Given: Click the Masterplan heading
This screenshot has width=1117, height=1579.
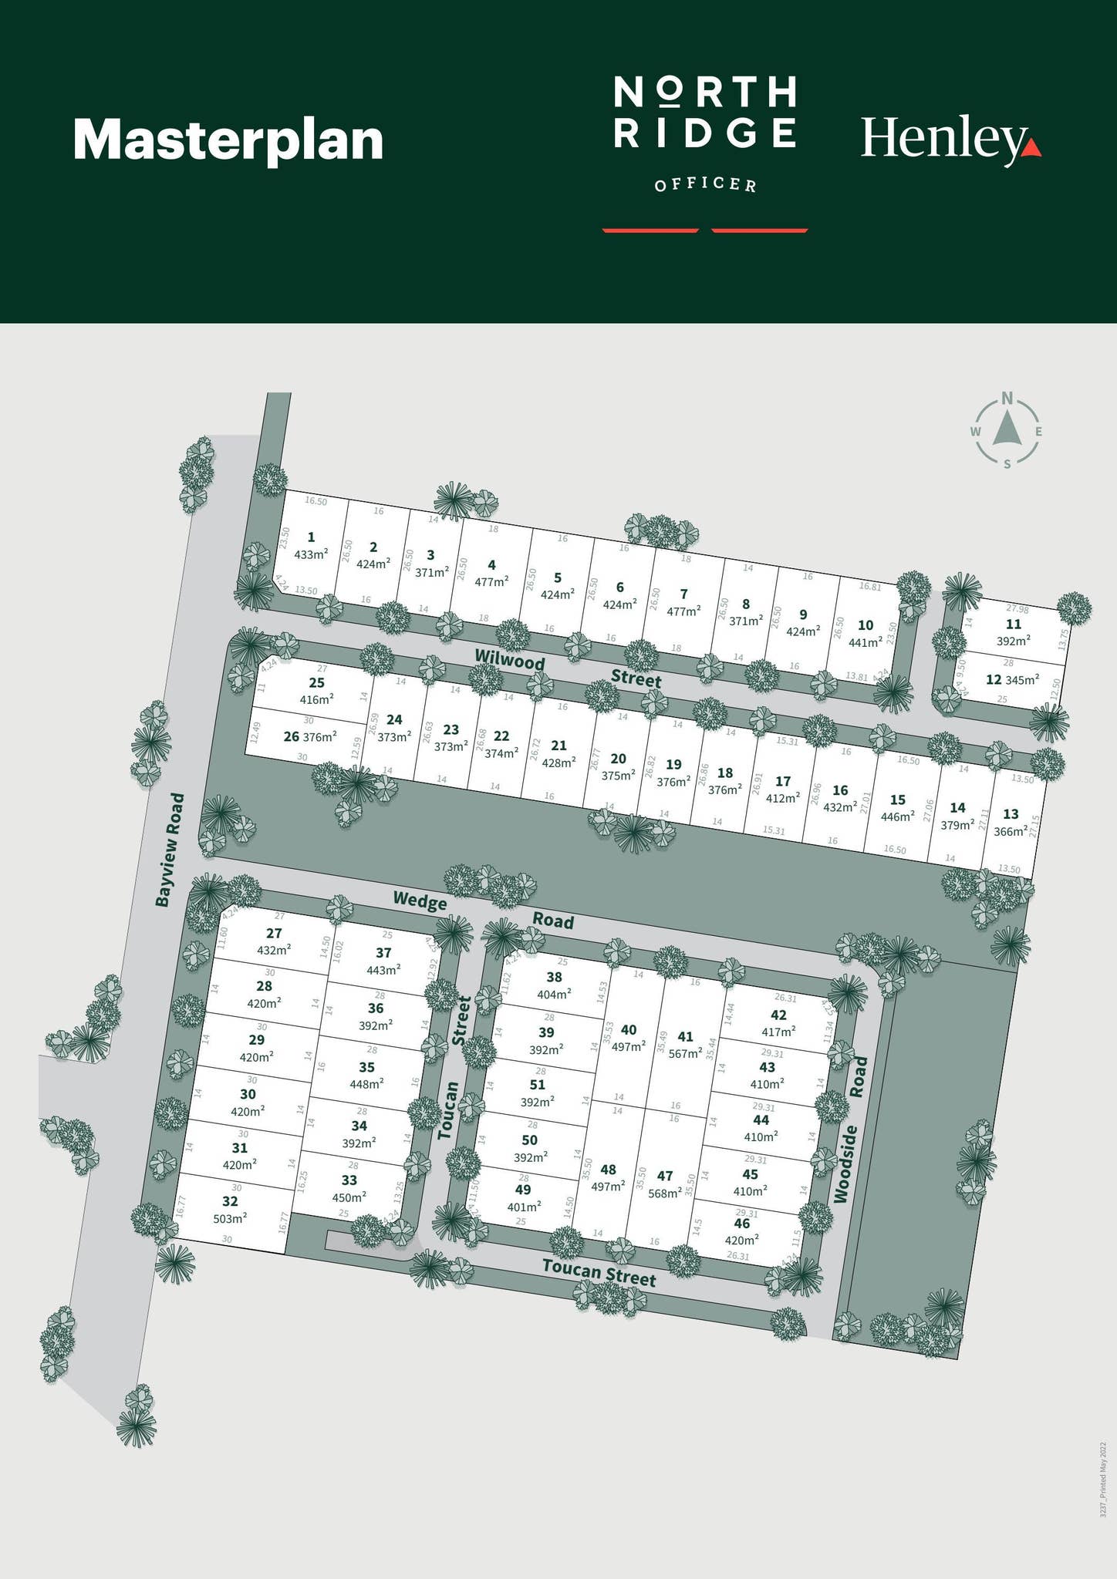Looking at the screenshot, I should (228, 140).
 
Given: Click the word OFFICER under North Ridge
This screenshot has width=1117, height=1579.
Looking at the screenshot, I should (705, 185).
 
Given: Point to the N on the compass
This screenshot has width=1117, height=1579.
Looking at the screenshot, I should (1007, 399).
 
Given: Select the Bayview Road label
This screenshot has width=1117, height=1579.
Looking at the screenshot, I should (170, 849).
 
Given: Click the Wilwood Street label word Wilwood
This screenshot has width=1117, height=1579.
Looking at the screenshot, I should (510, 659).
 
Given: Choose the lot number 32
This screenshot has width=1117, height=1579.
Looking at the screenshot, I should (230, 1201).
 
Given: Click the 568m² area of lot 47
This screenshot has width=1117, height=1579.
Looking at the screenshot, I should (665, 1192).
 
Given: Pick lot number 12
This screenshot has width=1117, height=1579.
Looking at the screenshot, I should (994, 680).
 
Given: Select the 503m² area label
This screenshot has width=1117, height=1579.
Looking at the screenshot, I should (230, 1218).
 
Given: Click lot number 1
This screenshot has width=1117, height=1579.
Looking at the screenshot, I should (311, 537).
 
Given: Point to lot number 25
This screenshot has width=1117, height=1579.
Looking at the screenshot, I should (316, 683).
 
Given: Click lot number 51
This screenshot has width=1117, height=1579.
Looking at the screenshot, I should (538, 1085).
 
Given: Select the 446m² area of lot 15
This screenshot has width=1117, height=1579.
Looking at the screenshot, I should (897, 816).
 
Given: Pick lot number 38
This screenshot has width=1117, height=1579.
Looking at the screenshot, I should (554, 978).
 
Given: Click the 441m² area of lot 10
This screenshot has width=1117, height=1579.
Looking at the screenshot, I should (866, 641).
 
